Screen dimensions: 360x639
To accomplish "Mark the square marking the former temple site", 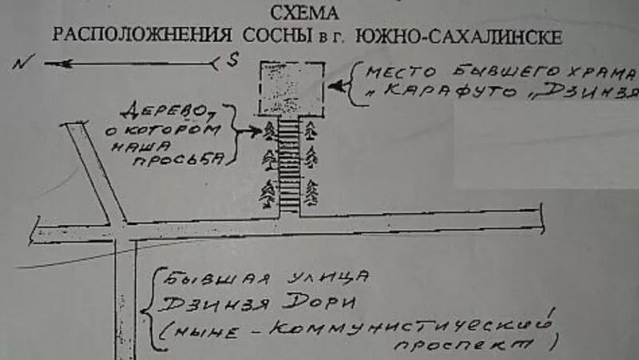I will tap(291, 87).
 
